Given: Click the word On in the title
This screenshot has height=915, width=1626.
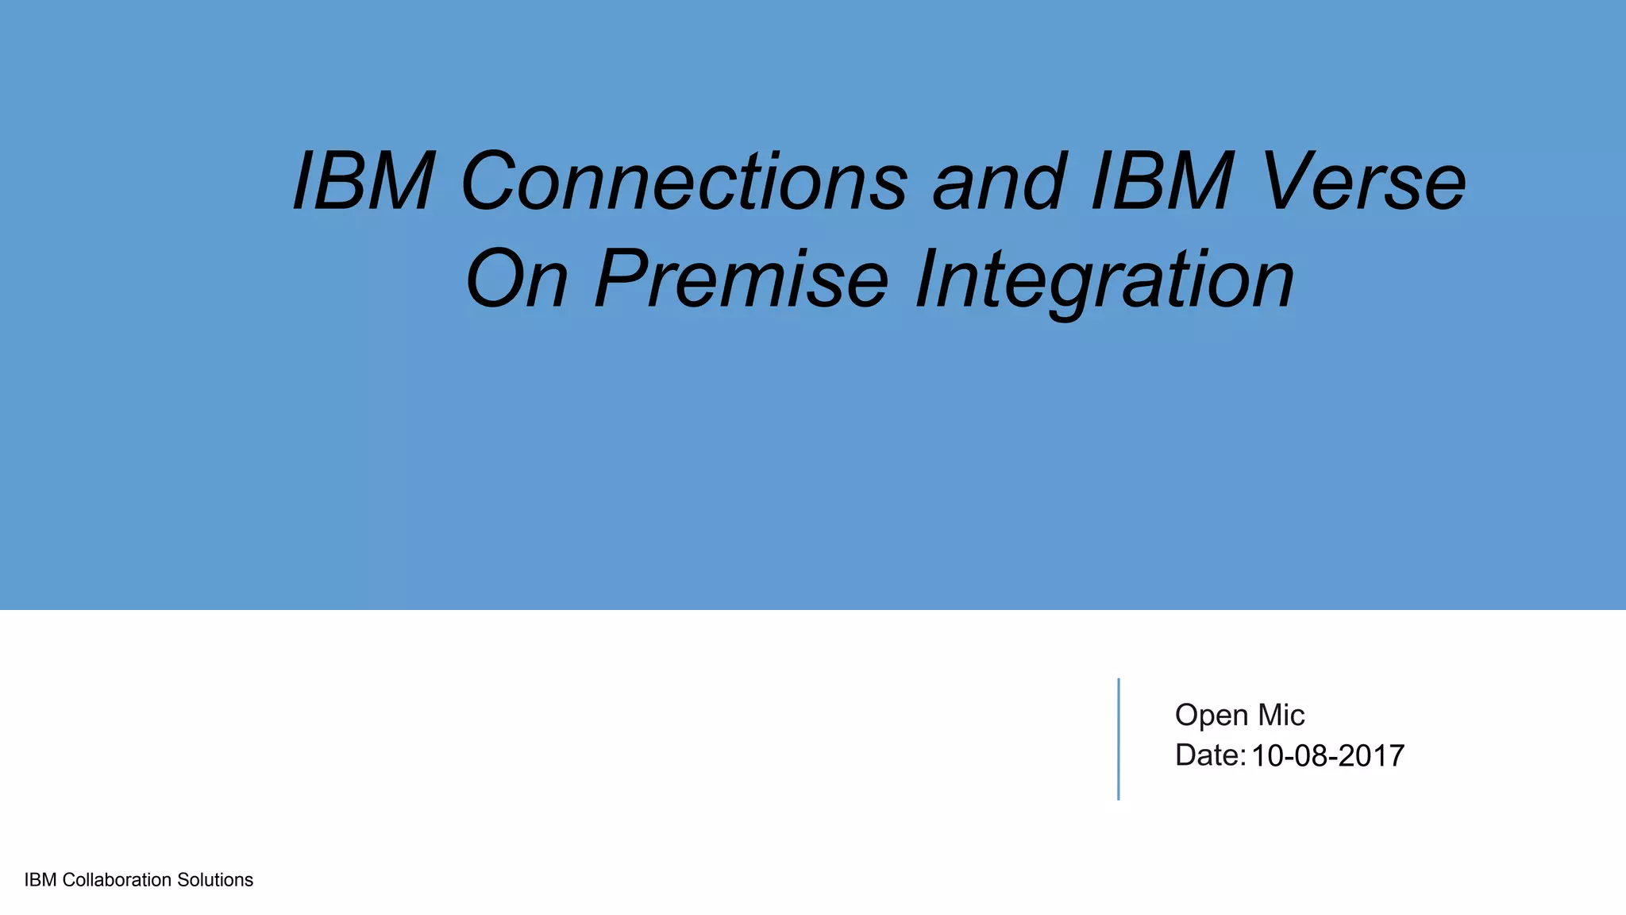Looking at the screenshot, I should point(517,280).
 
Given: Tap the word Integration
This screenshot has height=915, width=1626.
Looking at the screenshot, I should point(1104,280).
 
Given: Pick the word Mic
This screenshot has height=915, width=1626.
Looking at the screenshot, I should point(1281,716).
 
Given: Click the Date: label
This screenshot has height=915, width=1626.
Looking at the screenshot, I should point(1210,755).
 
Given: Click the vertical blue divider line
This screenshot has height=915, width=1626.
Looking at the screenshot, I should point(1118,739).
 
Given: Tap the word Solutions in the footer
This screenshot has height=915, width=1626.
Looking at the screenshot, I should point(215,880).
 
